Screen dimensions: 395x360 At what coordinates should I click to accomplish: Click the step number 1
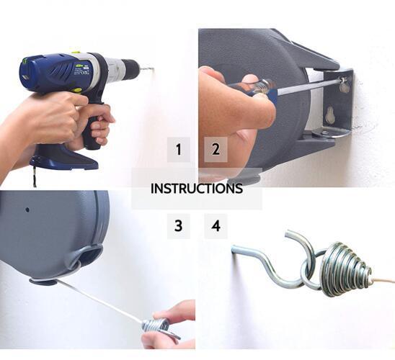(x=179, y=150)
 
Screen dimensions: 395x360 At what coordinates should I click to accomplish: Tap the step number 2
(x=216, y=149)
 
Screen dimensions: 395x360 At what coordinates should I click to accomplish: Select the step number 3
(x=178, y=225)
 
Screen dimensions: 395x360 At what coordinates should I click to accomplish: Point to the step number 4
(x=216, y=225)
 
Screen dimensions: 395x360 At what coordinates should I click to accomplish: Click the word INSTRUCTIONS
(x=197, y=189)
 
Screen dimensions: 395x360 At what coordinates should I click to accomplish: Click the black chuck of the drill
(x=130, y=66)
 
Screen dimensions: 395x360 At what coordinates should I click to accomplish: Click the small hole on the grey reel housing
(x=27, y=210)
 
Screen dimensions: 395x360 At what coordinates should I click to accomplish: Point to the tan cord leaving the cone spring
(x=383, y=280)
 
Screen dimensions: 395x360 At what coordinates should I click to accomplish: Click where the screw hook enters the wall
(x=233, y=248)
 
